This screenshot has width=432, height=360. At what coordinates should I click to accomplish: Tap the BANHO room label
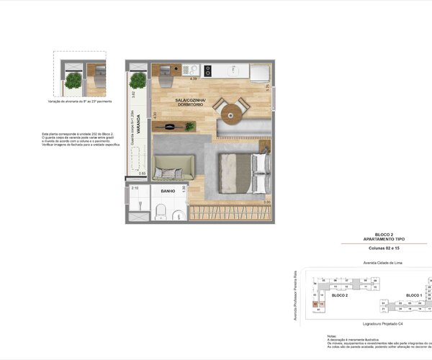point(169,192)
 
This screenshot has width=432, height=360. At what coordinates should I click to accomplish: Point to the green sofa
point(172,168)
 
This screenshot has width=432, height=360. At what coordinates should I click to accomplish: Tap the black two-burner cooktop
point(208,70)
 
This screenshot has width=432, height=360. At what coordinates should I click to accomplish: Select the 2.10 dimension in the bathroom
point(134,189)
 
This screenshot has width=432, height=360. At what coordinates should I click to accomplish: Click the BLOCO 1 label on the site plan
point(413,295)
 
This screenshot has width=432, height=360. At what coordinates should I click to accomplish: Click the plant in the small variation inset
point(72,81)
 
